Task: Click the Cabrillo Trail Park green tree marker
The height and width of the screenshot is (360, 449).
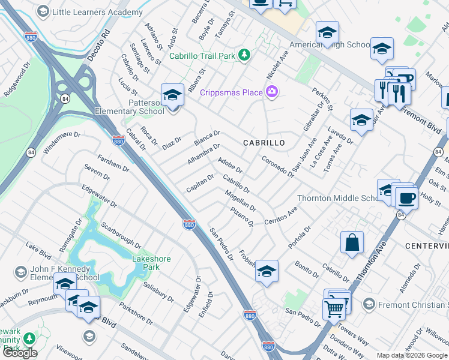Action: click(x=244, y=56)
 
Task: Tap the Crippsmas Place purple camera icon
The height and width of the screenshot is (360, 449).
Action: click(x=272, y=92)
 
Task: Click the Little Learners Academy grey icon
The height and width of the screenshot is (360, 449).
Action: click(x=43, y=11)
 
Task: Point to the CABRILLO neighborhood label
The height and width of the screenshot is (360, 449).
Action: click(x=264, y=143)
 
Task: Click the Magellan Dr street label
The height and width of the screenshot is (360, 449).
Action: click(x=241, y=201)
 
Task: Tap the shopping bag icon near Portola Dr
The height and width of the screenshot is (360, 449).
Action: click(x=352, y=242)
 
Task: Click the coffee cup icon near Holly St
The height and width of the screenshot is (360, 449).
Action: click(x=406, y=197)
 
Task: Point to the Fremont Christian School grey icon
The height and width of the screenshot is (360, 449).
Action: click(x=369, y=305)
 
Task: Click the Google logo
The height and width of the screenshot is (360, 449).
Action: click(x=19, y=353)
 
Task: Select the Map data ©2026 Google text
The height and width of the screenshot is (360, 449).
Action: click(x=412, y=355)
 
